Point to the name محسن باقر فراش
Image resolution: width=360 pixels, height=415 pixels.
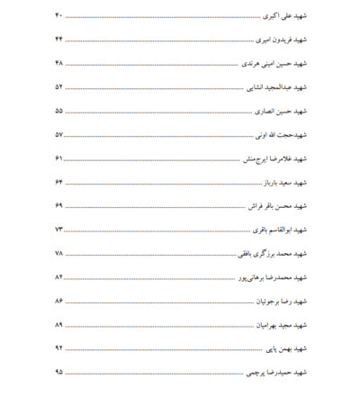coord(268,205)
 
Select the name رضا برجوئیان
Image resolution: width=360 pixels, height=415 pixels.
coord(269,299)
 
